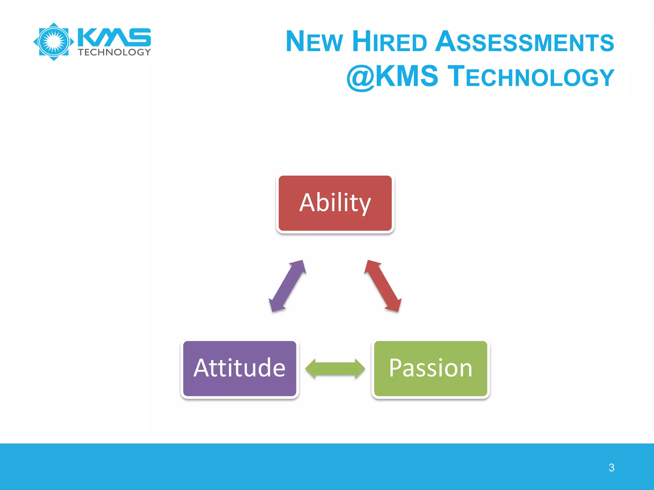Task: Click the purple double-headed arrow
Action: [287, 286]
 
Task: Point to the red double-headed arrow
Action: [383, 286]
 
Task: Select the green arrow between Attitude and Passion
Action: [335, 368]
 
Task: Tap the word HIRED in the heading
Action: [389, 42]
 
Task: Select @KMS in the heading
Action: [392, 77]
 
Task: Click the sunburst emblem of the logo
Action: [54, 41]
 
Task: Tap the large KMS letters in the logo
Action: [114, 37]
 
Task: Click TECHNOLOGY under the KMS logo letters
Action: [114, 52]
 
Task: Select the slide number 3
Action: [611, 468]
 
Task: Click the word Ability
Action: [335, 203]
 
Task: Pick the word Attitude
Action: [240, 368]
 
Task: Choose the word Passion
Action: [430, 368]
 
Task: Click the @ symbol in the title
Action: [361, 77]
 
